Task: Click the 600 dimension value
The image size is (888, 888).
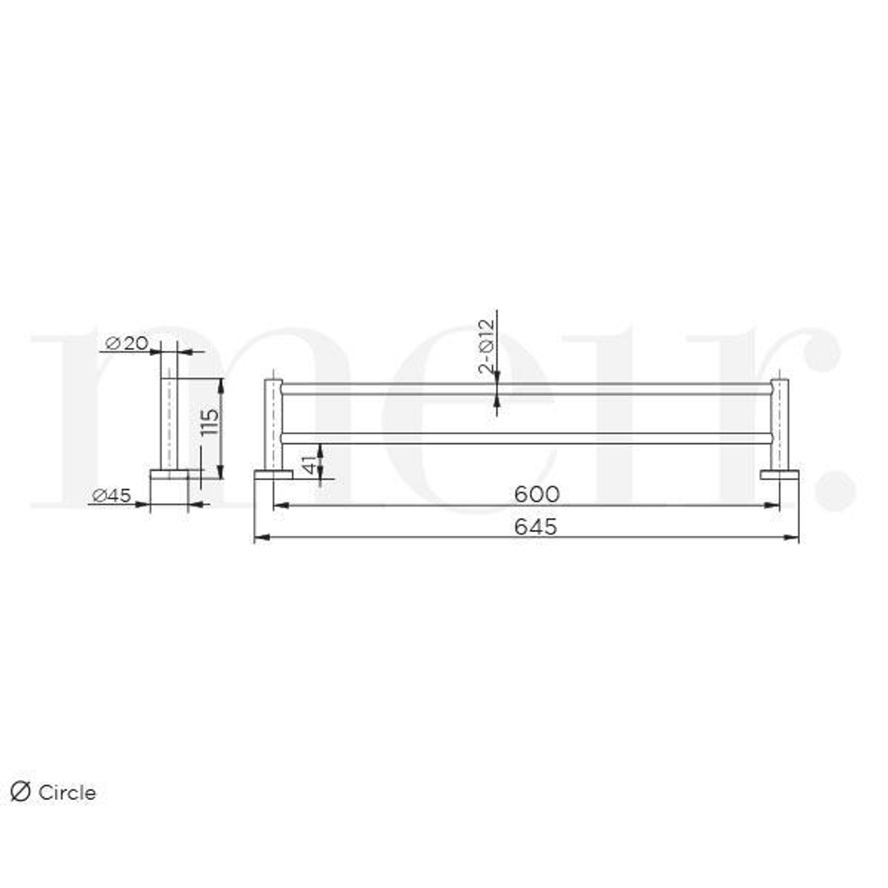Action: click(x=536, y=494)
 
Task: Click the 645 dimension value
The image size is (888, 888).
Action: click(x=535, y=527)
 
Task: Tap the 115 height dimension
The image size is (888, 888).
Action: click(x=210, y=423)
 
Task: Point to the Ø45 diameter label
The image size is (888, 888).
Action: click(x=112, y=495)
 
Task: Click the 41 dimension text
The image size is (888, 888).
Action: click(x=309, y=463)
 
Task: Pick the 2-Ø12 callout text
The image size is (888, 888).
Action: click(x=486, y=346)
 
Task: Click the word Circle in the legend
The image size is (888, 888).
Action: click(x=67, y=793)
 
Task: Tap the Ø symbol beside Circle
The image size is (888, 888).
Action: click(x=21, y=792)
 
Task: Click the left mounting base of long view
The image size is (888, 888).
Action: click(x=273, y=474)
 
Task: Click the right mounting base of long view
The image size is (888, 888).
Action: click(x=779, y=474)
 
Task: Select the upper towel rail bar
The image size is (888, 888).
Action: click(x=526, y=388)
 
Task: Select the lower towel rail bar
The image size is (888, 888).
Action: click(x=526, y=438)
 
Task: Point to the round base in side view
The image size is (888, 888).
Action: click(x=169, y=474)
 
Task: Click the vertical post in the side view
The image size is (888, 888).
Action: click(x=169, y=411)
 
